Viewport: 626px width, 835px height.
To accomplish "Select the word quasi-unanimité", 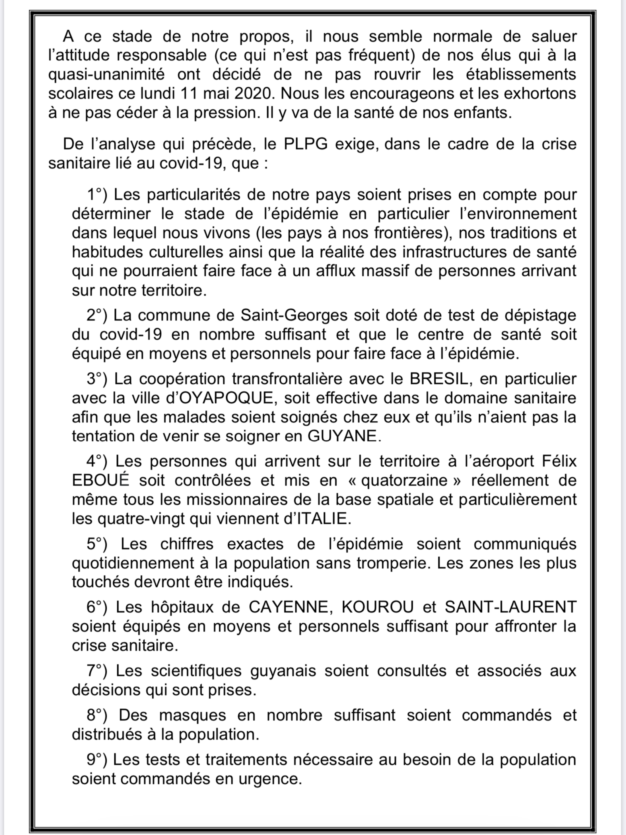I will (106, 74).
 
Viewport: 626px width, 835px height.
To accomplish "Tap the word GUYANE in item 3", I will (343, 436).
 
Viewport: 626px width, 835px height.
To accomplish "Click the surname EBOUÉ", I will (101, 481).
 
